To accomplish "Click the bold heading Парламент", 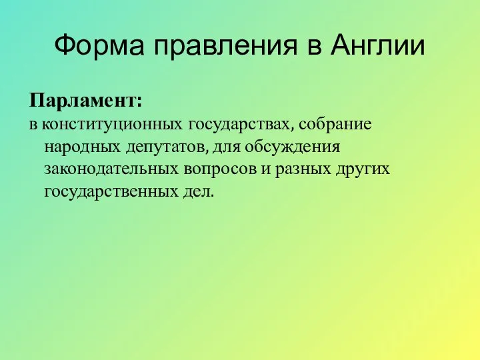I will click(83, 102).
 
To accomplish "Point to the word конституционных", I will click(112, 124).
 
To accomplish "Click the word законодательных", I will click(110, 169).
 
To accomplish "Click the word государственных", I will click(111, 192).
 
